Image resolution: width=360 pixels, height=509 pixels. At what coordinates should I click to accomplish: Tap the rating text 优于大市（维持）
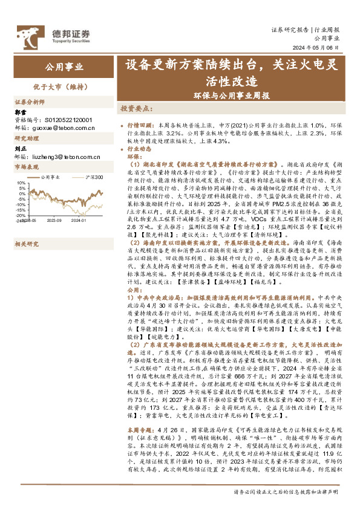tap(62, 86)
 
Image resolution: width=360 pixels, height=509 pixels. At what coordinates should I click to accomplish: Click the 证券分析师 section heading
tap(30, 102)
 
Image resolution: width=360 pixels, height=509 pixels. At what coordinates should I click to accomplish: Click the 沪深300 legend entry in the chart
tap(94, 177)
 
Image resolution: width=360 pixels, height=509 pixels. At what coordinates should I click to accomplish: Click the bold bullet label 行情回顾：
tap(138, 123)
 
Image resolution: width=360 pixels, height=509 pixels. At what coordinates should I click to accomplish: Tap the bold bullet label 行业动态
tap(139, 148)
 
